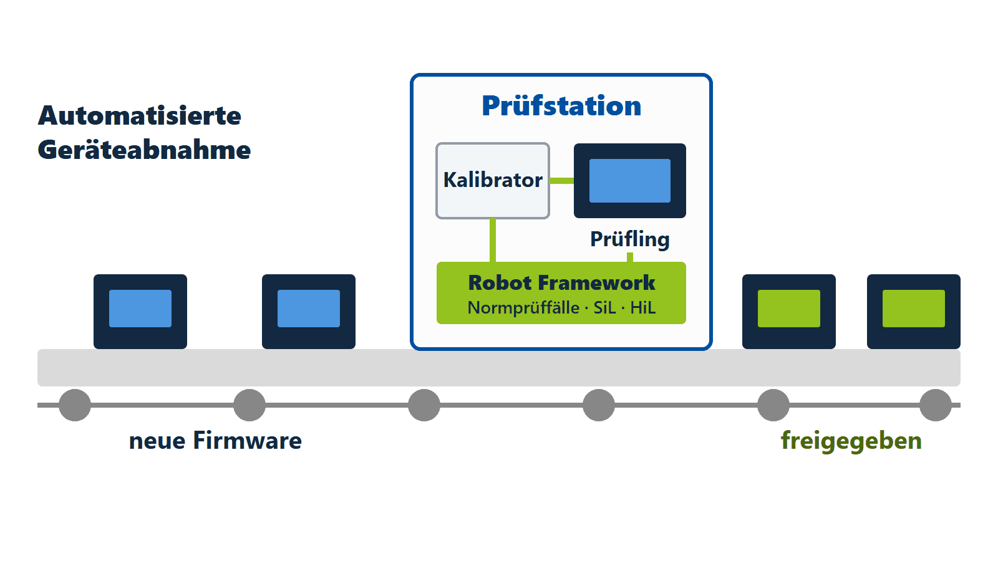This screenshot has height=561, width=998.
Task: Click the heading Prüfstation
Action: click(561, 106)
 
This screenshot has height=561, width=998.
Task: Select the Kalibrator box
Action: click(493, 181)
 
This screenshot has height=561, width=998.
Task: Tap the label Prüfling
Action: click(629, 239)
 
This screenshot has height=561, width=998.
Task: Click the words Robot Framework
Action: click(561, 283)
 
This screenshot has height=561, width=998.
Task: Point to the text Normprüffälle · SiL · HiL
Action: click(561, 308)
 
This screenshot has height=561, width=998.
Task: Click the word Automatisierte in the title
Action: click(140, 116)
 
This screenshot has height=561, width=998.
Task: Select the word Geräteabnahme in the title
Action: click(144, 150)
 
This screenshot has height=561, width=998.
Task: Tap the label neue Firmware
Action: click(215, 441)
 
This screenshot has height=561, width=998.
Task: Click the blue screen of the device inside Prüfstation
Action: click(630, 181)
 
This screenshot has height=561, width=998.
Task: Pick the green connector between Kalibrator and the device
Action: click(562, 181)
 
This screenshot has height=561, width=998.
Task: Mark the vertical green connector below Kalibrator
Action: click(493, 241)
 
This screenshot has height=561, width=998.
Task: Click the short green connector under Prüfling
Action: click(630, 257)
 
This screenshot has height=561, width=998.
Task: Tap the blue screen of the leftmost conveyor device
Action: click(140, 309)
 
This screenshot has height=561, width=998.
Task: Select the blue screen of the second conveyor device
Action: click(309, 309)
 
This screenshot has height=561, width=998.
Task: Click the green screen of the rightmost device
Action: click(914, 309)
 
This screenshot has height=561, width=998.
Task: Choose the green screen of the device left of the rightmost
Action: click(789, 309)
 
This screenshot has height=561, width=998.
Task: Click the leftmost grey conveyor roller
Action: click(75, 405)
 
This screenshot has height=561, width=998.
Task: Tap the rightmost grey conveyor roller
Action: click(936, 405)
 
